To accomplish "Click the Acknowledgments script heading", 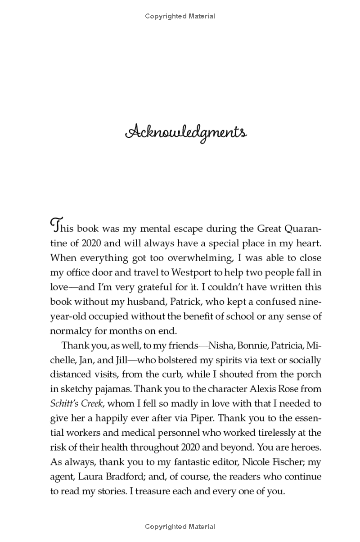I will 186,133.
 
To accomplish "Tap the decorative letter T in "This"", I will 56,224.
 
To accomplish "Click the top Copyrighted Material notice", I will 180,16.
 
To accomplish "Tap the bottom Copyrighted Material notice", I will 180,526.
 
